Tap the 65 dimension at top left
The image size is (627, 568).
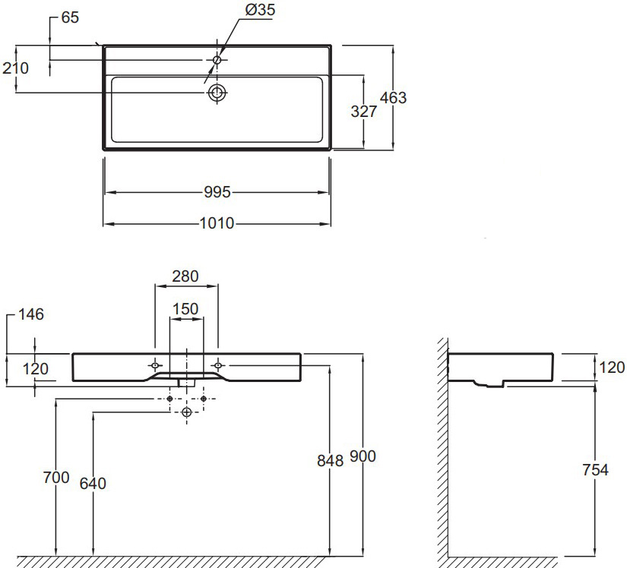[x=70, y=17]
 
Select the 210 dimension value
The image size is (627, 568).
[x=15, y=68]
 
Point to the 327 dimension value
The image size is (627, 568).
[x=364, y=112]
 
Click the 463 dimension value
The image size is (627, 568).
[x=393, y=98]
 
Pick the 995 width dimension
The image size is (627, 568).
[x=217, y=193]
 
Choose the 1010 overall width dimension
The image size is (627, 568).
[x=217, y=224]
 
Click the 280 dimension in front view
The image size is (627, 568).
[x=185, y=276]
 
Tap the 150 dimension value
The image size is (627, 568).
[x=185, y=309]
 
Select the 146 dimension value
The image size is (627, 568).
[x=32, y=314]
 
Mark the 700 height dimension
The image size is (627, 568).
[x=56, y=478]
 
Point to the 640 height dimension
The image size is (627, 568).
[x=93, y=483]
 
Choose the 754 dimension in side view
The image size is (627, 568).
[x=595, y=470]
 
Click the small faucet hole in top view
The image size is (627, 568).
[x=217, y=59]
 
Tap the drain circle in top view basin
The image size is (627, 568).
[x=217, y=93]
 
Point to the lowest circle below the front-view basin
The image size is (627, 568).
[x=186, y=411]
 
